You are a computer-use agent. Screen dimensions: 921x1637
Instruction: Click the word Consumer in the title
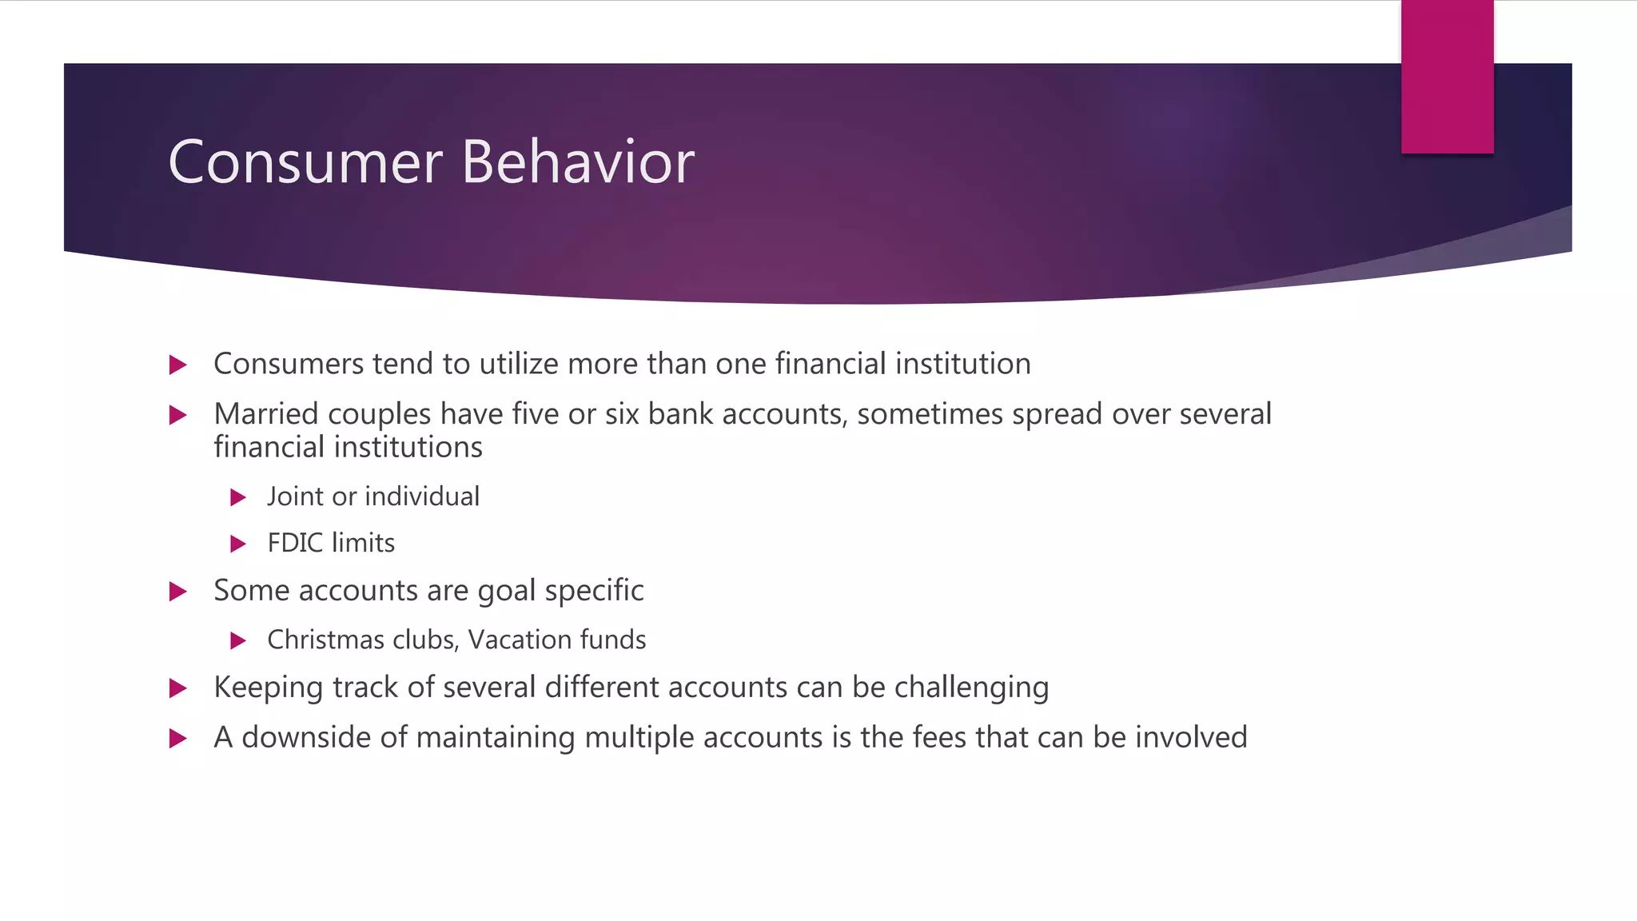coord(305,162)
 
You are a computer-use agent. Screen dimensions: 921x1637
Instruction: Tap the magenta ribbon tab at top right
coord(1447,77)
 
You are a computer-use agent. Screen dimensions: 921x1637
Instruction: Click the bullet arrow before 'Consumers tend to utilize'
coord(178,365)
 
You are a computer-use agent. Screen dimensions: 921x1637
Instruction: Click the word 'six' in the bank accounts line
coord(622,414)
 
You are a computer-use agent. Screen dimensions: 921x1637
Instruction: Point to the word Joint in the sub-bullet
coord(295,496)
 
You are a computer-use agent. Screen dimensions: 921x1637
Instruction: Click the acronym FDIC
coord(295,544)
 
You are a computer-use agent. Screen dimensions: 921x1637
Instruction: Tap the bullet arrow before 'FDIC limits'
coord(237,544)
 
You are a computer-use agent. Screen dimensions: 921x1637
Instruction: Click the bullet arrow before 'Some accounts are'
coord(178,592)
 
